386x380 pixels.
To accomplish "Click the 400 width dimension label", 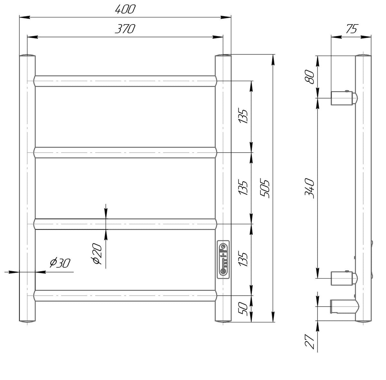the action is tap(125, 9).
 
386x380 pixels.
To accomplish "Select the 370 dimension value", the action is tap(125, 29).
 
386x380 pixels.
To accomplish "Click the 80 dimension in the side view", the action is tap(309, 77).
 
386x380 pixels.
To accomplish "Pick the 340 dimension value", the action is tap(309, 188).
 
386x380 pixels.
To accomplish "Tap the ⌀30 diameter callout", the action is tap(60, 263).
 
